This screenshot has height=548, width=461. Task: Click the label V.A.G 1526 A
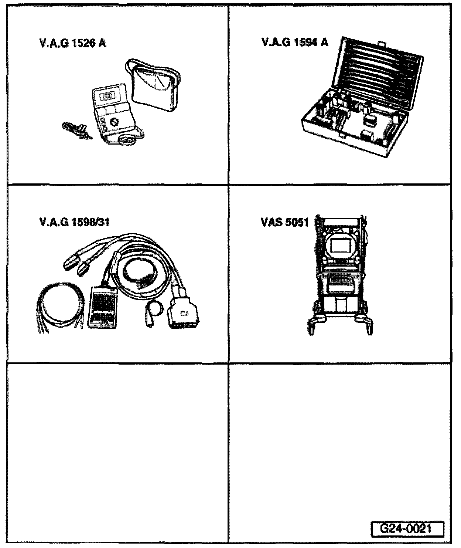[72, 44]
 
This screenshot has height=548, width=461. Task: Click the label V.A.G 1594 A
[294, 42]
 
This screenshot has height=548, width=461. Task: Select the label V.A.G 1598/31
[74, 223]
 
